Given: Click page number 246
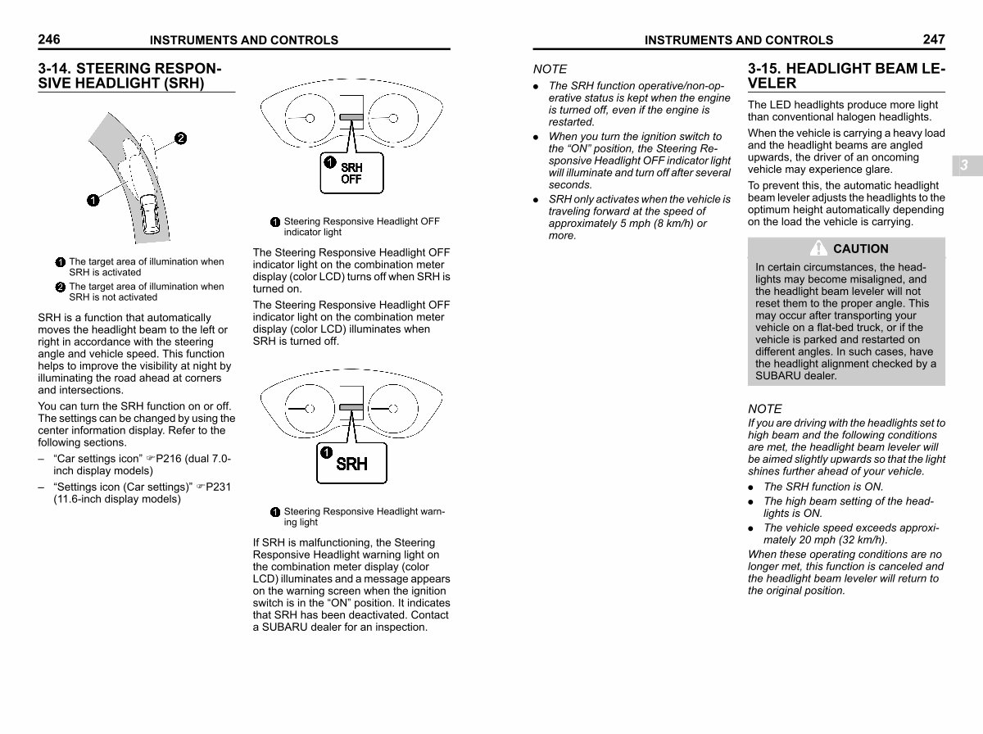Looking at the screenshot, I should [48, 39].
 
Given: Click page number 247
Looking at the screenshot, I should [933, 39].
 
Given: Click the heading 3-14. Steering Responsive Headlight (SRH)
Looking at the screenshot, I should [129, 75].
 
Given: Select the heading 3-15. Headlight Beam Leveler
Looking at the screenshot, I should [845, 75].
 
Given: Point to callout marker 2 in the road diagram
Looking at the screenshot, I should [180, 138].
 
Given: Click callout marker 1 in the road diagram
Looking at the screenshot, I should [93, 199].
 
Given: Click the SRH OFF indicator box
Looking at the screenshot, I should [351, 173].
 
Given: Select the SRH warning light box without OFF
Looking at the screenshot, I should [351, 464].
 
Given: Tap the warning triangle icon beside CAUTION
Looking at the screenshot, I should [818, 248].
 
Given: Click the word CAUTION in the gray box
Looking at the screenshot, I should [860, 249].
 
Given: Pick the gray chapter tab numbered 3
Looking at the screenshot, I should [964, 165].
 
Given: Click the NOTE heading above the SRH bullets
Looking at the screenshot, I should [550, 70].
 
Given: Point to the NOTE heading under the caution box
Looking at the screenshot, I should [764, 409].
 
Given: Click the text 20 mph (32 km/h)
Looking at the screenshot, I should [836, 540].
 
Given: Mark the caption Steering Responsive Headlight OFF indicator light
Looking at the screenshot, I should [360, 227].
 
